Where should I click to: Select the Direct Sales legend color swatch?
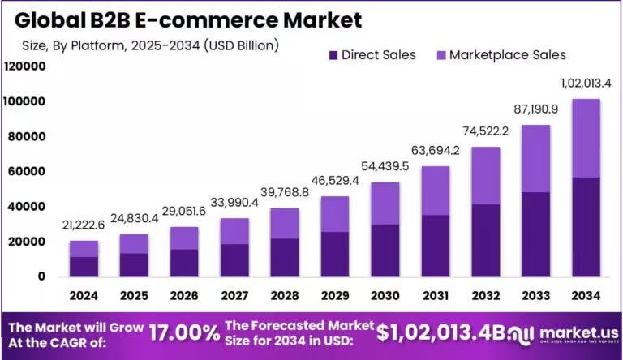332,55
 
